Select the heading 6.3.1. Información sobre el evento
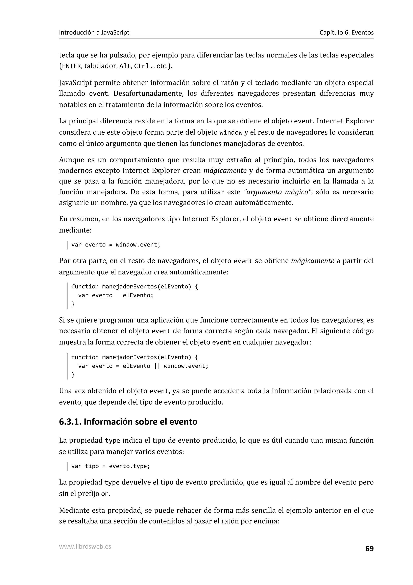(x=128, y=422)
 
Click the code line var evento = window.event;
(x=116, y=245)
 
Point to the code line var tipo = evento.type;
(x=111, y=466)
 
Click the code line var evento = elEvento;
(x=116, y=295)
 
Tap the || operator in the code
(x=157, y=366)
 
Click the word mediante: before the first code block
(x=75, y=230)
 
